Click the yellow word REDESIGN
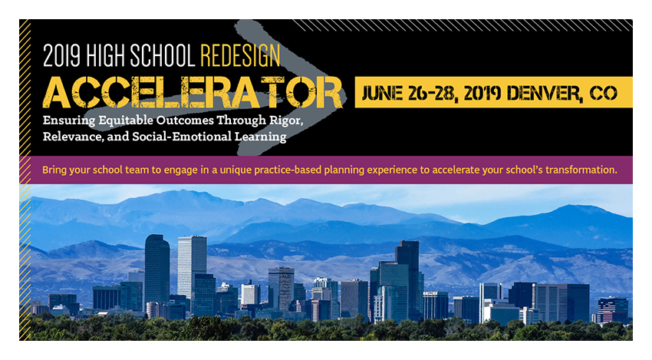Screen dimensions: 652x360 (240, 55)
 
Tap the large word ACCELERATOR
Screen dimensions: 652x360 (193, 93)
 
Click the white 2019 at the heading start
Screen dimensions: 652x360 (61, 55)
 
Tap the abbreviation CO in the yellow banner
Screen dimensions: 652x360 (604, 93)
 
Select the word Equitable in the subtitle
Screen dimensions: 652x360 (126, 121)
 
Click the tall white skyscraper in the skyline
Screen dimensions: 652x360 (192, 267)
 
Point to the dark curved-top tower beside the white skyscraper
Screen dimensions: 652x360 (157, 269)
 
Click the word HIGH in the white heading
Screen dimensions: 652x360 (106, 55)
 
